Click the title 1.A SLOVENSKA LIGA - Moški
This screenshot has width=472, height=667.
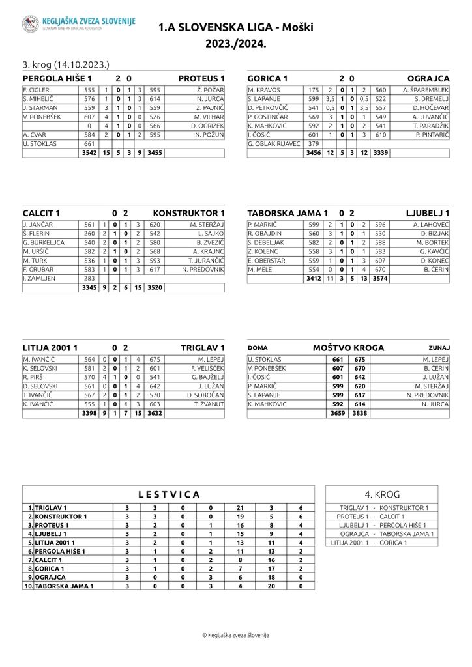(235, 28)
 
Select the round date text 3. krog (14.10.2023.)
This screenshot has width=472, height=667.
(66, 64)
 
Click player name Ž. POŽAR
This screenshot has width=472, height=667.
(210, 89)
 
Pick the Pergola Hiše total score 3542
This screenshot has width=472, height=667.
(89, 153)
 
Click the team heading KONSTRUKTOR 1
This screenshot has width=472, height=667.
(188, 213)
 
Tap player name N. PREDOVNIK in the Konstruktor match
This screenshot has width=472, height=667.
(203, 269)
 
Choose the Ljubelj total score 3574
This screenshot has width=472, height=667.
(379, 279)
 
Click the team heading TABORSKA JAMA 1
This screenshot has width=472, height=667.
(288, 213)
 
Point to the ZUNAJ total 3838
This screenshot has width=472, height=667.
(359, 413)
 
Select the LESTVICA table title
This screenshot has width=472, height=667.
(169, 495)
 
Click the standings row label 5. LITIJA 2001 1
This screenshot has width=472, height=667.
(56, 542)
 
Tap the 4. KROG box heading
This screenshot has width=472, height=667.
(382, 494)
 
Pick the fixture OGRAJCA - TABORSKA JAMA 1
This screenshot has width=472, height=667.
(382, 533)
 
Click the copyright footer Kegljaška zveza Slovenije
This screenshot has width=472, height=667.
(235, 635)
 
